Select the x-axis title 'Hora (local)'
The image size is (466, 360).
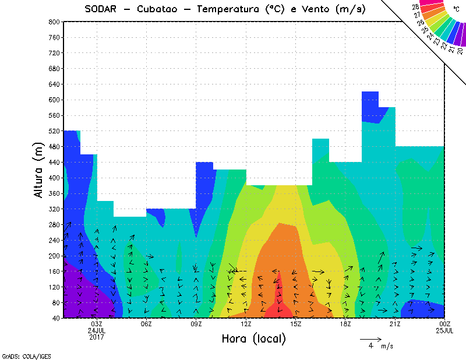click(x=253, y=338)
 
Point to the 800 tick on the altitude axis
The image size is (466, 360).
click(x=55, y=22)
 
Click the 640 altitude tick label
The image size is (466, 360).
click(x=55, y=84)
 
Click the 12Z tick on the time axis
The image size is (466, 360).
click(x=246, y=324)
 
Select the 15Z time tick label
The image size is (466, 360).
click(x=295, y=324)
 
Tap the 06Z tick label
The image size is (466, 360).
click(x=146, y=324)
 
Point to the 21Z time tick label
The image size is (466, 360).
click(x=395, y=324)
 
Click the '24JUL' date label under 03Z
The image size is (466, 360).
click(x=97, y=330)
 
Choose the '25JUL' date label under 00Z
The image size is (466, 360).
click(x=444, y=330)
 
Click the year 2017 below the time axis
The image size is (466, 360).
click(x=97, y=337)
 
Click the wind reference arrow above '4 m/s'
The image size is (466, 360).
click(x=370, y=338)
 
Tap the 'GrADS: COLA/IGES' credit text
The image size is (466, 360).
click(x=21, y=355)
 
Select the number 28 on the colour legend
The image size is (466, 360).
click(x=415, y=6)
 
